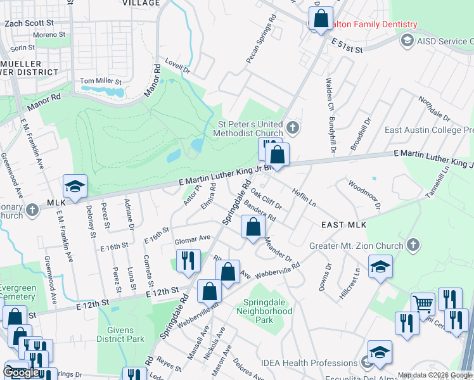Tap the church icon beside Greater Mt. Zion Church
pyautogui.click(x=413, y=245)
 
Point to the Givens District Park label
pyautogui.click(x=120, y=334)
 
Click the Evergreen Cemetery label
pyautogui.click(x=18, y=292)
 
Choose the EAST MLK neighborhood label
pyautogui.click(x=343, y=225)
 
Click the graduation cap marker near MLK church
pyautogui.click(x=75, y=187)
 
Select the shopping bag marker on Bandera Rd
pyautogui.click(x=253, y=227)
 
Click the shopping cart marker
pyautogui.click(x=423, y=304)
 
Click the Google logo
pyautogui.click(x=21, y=372)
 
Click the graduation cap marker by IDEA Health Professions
pyautogui.click(x=380, y=352)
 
